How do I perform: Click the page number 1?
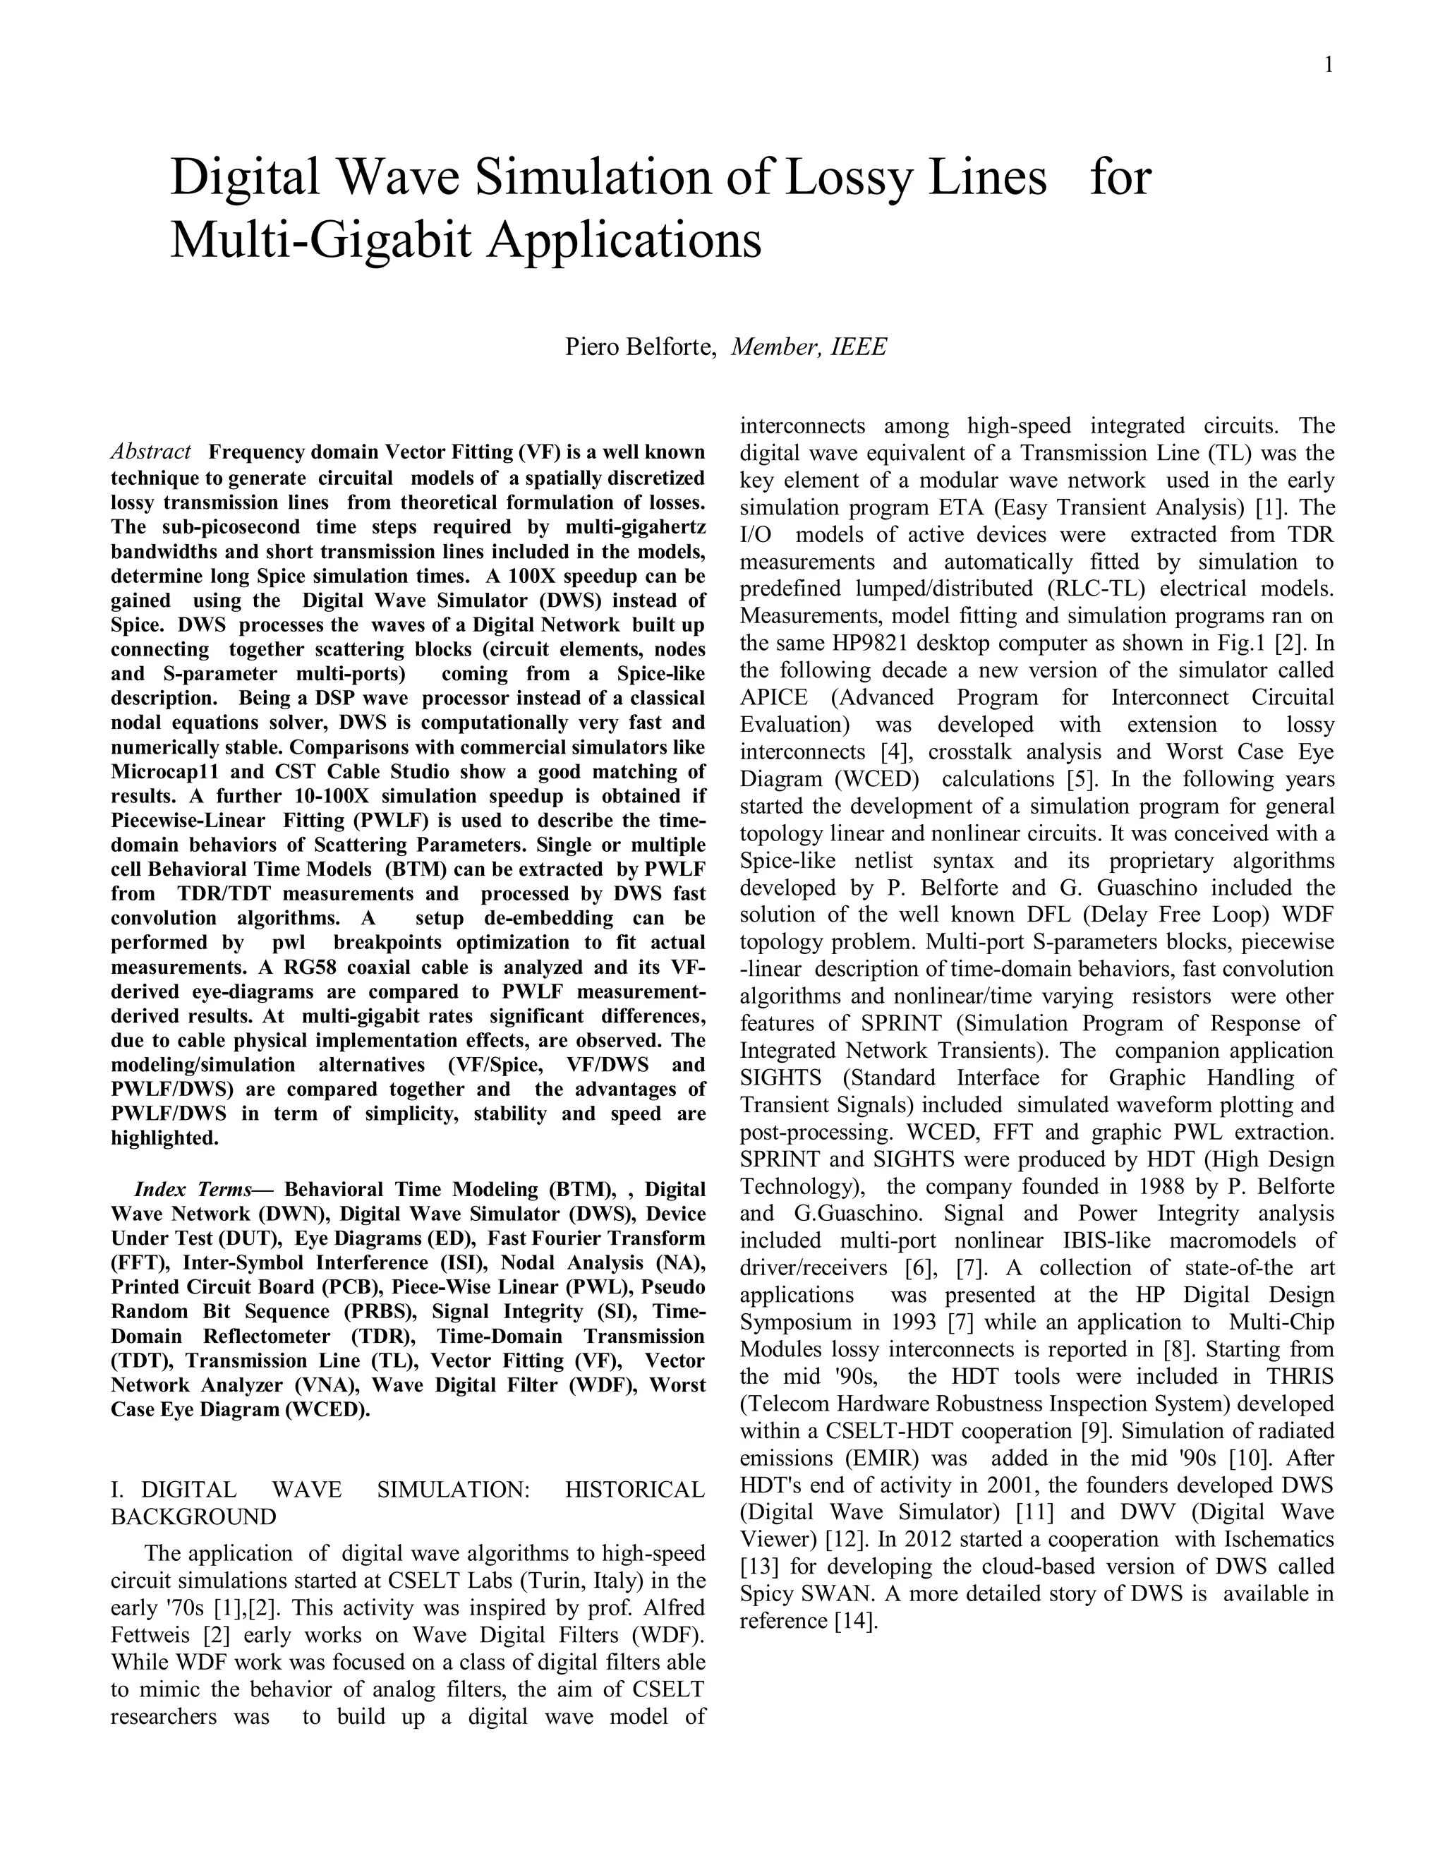click(1329, 64)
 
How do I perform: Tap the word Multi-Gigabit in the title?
click(320, 240)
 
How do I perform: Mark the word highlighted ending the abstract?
click(164, 1138)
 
